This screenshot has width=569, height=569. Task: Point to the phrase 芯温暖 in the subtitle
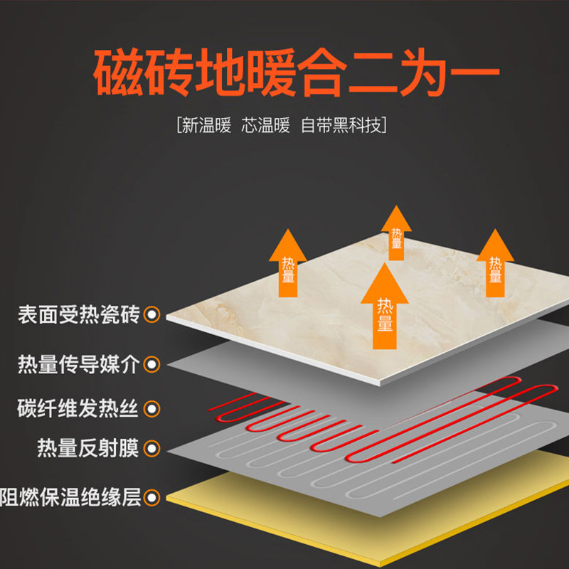pyautogui.click(x=265, y=127)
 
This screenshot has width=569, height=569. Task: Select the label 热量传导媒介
pyautogui.click(x=79, y=365)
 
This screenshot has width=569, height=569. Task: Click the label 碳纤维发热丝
pyautogui.click(x=79, y=409)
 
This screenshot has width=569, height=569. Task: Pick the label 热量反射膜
pyautogui.click(x=87, y=449)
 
